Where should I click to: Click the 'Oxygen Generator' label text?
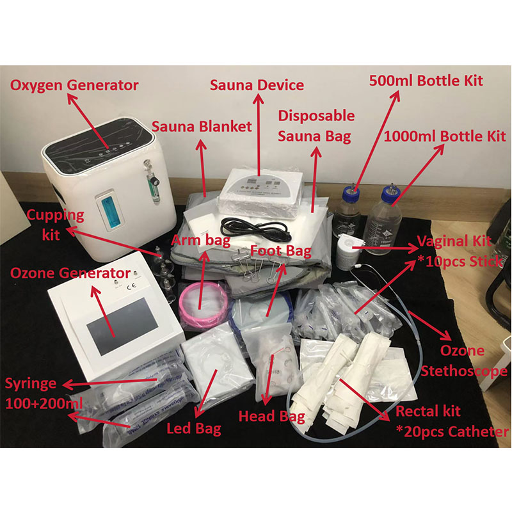tap(74, 85)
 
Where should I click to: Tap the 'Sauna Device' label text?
tap(257, 84)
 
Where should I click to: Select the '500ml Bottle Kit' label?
tap(426, 81)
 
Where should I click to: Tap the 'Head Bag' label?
tap(271, 416)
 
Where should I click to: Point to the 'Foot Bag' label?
tap(280, 250)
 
